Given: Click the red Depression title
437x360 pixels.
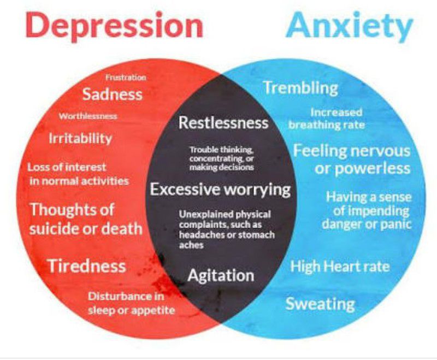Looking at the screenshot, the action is (114, 26).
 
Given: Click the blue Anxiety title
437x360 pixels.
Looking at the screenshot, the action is (350, 26).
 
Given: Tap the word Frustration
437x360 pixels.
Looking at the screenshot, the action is (126, 78).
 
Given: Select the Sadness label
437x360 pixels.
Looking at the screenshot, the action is (113, 94).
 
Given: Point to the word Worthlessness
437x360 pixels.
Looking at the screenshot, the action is (88, 116).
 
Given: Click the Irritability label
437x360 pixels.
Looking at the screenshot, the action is (80, 139).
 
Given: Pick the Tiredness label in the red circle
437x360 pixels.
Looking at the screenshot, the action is (87, 266).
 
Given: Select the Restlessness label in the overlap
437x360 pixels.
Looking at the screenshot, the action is (223, 122).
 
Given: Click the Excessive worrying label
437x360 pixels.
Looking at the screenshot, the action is (220, 190).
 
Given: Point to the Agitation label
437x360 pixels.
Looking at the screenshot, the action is (221, 275).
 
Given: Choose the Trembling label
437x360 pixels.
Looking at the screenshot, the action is (301, 88).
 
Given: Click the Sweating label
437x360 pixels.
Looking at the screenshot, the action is (321, 304).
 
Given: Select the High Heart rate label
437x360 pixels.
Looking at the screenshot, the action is (340, 267).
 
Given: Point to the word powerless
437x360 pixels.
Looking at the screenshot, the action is (373, 169).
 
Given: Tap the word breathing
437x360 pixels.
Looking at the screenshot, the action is (315, 125).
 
